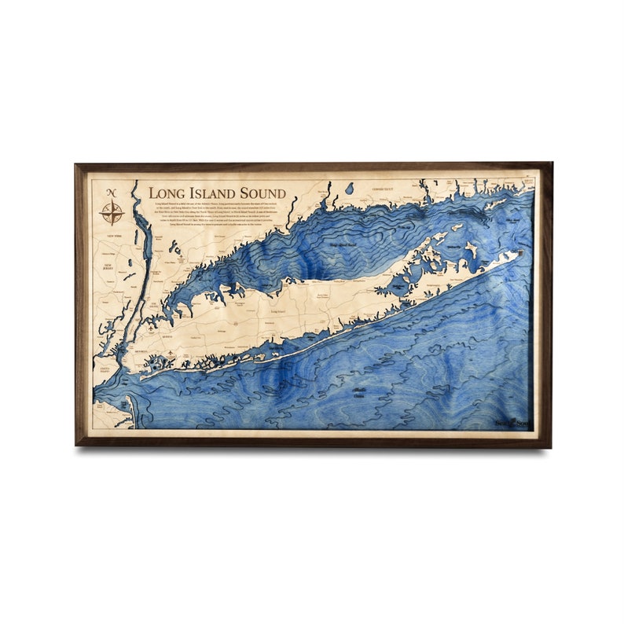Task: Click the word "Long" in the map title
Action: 167,193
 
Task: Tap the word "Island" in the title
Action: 212,193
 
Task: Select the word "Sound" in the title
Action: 262,193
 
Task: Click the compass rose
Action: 112,212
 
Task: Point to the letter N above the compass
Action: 112,193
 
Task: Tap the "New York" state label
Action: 115,236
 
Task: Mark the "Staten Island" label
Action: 105,370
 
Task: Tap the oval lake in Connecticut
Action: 349,188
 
